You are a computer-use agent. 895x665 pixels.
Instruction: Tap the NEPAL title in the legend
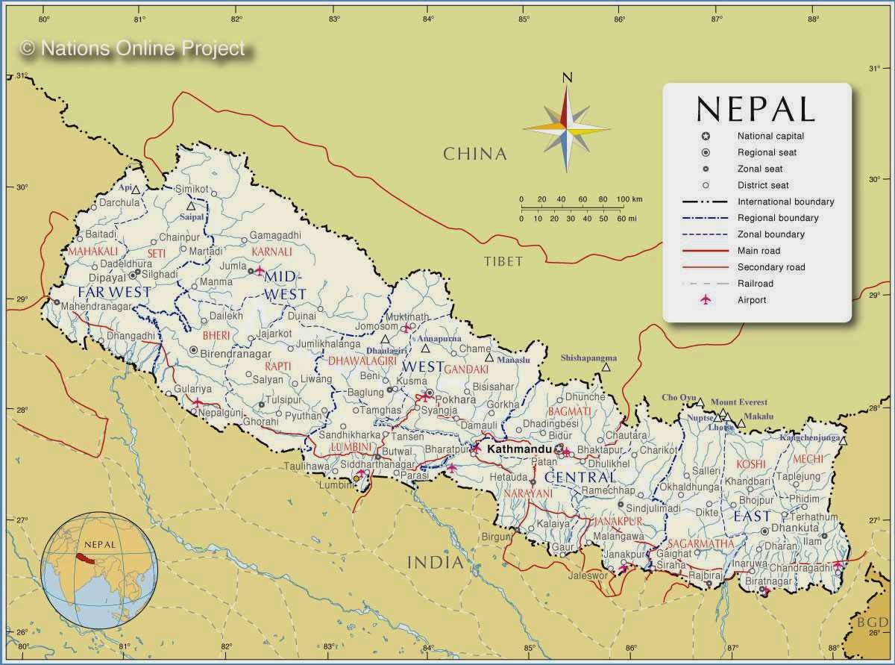(756, 109)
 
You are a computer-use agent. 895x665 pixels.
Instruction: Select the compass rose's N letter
(567, 77)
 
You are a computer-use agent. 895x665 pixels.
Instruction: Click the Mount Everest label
(738, 402)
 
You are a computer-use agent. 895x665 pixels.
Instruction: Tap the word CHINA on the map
(475, 154)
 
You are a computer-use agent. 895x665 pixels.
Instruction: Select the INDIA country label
(435, 562)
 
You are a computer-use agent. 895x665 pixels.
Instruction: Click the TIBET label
(503, 261)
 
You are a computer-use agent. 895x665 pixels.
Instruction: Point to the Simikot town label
(192, 189)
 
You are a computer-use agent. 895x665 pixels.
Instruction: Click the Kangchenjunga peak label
(810, 437)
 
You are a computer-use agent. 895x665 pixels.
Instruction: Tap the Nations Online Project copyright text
(133, 49)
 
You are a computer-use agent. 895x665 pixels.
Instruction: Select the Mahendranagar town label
(96, 306)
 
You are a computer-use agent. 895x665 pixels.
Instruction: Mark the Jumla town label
(233, 266)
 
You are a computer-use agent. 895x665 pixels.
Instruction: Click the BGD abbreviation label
(870, 622)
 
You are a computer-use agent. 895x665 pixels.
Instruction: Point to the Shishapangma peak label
(588, 358)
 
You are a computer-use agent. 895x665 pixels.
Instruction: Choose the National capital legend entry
(770, 136)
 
